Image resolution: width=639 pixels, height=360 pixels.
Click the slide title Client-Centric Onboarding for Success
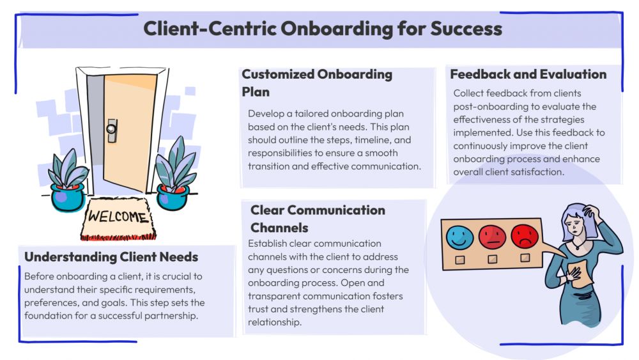pyautogui.click(x=322, y=29)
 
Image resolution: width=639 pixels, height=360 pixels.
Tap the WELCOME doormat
pyautogui.click(x=117, y=217)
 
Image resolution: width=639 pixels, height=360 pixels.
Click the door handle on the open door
pyautogui.click(x=113, y=129)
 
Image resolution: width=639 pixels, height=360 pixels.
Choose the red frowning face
pyautogui.click(x=525, y=237)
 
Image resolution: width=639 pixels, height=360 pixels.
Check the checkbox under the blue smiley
pyautogui.click(x=459, y=260)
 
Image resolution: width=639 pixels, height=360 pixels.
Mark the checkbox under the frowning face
pyautogui.click(x=525, y=258)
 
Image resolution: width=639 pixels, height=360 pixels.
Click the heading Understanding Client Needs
pyautogui.click(x=111, y=257)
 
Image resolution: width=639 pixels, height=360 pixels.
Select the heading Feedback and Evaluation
pyautogui.click(x=528, y=74)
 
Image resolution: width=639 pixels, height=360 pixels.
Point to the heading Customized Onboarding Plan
pyautogui.click(x=316, y=82)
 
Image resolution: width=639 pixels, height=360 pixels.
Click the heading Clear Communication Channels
pyautogui.click(x=318, y=219)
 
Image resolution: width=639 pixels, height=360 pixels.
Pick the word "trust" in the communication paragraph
pyautogui.click(x=260, y=309)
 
